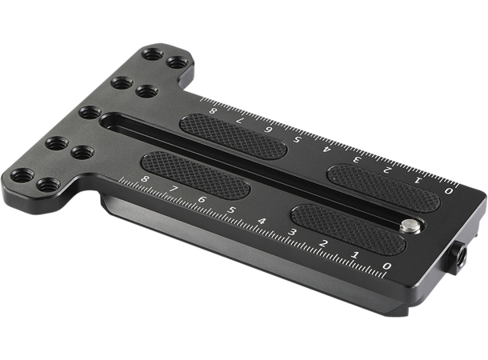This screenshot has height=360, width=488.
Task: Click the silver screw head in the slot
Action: pyautogui.click(x=409, y=227)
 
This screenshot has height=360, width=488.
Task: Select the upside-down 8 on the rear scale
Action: pyautogui.click(x=213, y=111)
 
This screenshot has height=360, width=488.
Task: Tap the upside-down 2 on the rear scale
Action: pyautogui.click(x=387, y=170)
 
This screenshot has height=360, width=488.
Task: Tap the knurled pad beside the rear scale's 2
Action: pyautogui.click(x=382, y=186)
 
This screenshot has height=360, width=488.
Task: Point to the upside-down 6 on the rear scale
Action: pyautogui.click(x=270, y=130)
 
